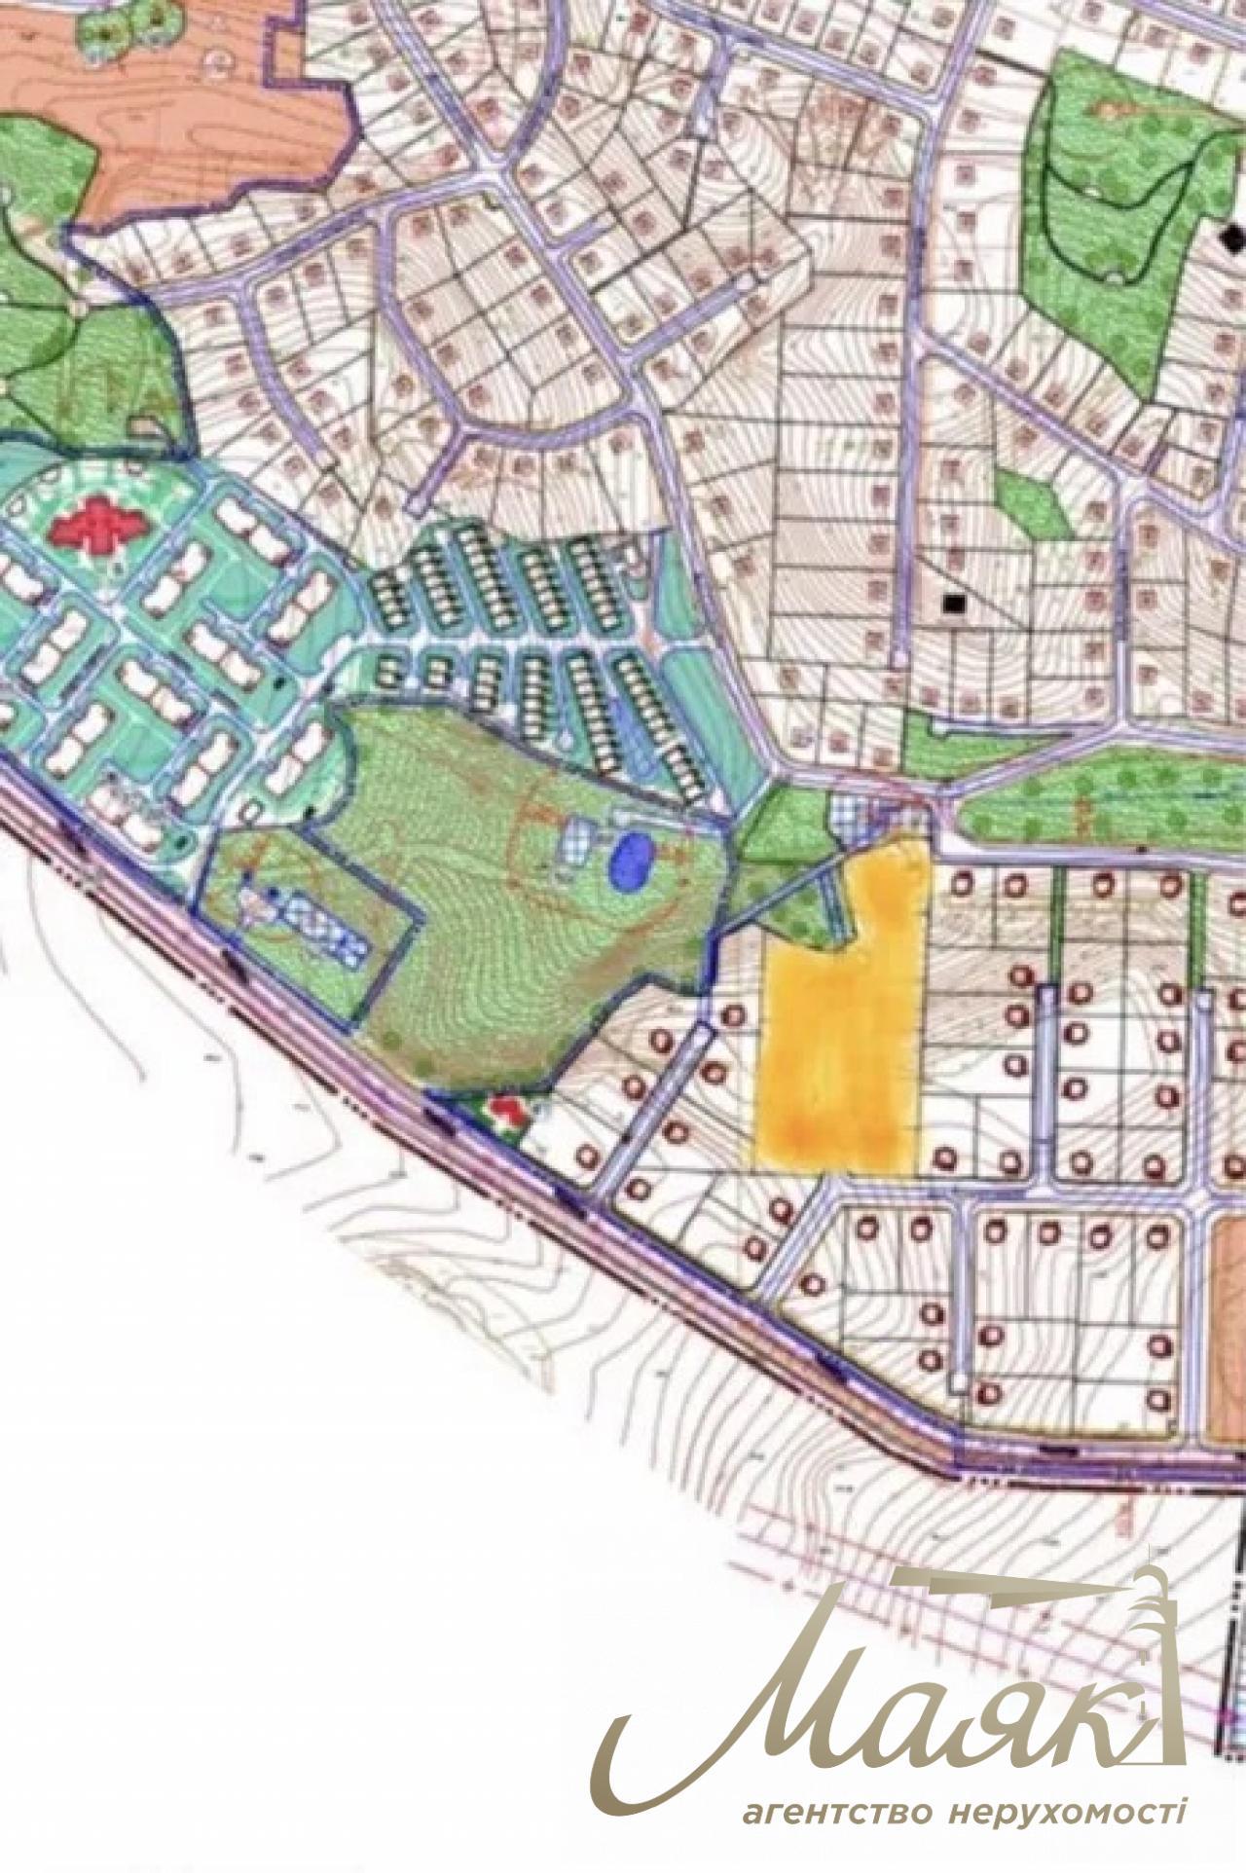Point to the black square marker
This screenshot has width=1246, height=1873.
[x=954, y=604]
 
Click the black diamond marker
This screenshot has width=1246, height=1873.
[x=1234, y=235]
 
